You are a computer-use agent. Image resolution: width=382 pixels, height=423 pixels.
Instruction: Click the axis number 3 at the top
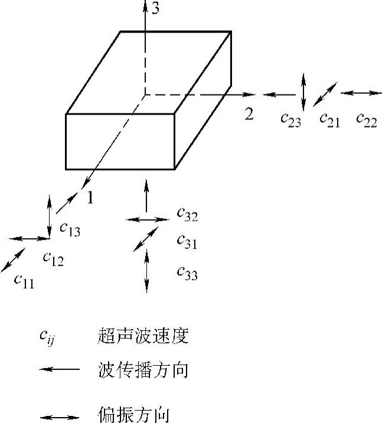[155, 8]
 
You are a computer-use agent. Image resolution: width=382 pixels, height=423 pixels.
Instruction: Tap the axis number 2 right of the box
[249, 114]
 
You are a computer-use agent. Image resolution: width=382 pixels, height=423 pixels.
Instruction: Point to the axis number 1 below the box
[90, 198]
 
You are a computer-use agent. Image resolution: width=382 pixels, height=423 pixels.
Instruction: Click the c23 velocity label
[290, 120]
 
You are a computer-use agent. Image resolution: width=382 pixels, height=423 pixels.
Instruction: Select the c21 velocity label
[329, 119]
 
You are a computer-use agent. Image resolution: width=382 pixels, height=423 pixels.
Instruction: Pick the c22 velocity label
[366, 119]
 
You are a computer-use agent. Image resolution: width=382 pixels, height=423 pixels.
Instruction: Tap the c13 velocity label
[70, 229]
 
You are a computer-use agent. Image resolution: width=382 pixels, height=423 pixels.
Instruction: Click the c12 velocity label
[53, 258]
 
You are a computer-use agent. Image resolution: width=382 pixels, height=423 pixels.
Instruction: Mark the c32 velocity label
[187, 215]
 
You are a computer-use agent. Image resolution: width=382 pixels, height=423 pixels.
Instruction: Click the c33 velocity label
[187, 272]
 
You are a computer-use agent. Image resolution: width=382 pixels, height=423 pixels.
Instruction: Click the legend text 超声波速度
[142, 337]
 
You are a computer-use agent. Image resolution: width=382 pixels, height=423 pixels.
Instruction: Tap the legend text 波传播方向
[142, 370]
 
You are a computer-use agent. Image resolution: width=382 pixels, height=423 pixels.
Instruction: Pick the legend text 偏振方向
[134, 411]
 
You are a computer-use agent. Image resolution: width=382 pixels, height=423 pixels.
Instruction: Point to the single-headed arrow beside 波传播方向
[59, 370]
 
